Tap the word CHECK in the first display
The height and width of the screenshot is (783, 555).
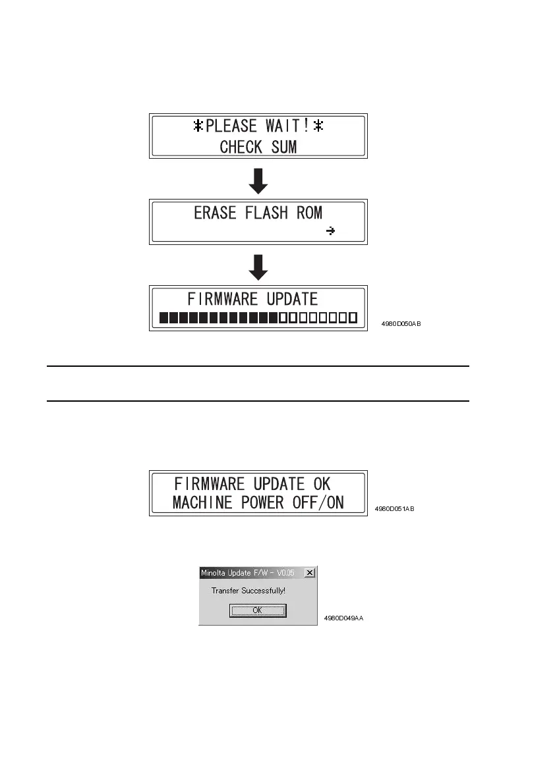click(x=242, y=146)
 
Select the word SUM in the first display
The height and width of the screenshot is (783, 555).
click(x=283, y=146)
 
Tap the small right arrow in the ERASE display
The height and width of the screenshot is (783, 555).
click(x=331, y=231)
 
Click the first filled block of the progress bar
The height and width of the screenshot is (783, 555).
click(x=164, y=319)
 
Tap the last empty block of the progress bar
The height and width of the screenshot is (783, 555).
click(x=353, y=319)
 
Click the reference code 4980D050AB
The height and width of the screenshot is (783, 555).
click(x=401, y=325)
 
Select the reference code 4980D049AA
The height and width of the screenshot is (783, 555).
click(x=343, y=618)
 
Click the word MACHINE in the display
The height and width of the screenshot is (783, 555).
click(x=201, y=503)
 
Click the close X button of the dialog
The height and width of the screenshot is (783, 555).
click(x=310, y=573)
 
